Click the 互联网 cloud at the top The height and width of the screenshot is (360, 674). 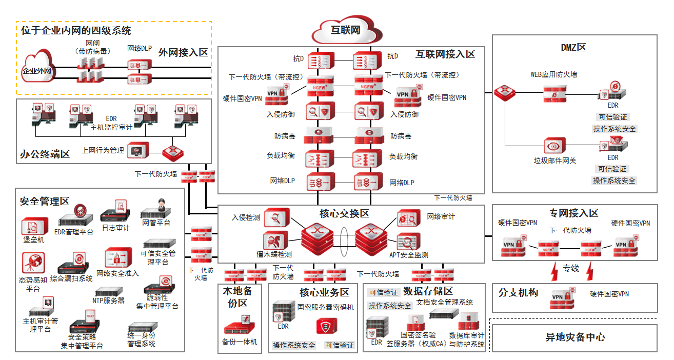(x=344, y=30)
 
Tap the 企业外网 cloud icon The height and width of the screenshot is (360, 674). (x=37, y=70)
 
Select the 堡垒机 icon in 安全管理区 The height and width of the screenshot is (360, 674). (x=34, y=226)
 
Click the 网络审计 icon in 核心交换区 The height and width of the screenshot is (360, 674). (x=409, y=218)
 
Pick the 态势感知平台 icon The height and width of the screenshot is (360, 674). (x=33, y=263)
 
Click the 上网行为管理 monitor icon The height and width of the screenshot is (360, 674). (x=138, y=151)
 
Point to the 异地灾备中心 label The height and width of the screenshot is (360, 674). (x=574, y=337)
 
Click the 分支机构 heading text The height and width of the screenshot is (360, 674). (x=518, y=293)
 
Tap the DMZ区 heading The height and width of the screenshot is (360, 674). (x=573, y=48)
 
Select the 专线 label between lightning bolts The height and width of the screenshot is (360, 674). (x=571, y=268)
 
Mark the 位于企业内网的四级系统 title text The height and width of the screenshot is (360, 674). (x=76, y=31)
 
